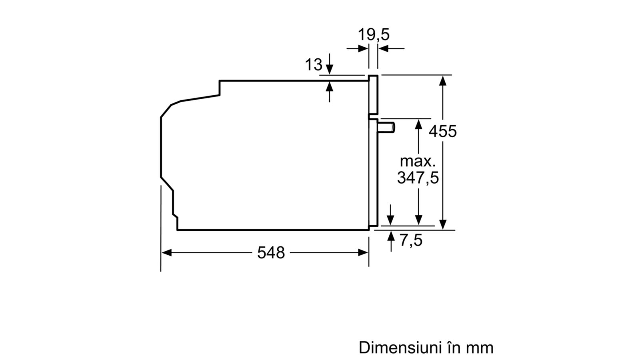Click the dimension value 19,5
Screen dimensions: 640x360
(374, 35)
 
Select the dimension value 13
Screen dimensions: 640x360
(314, 64)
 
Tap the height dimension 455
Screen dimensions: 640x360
(442, 132)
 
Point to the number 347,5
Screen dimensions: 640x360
(418, 178)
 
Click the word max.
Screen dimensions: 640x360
(418, 162)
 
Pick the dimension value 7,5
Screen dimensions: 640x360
(411, 240)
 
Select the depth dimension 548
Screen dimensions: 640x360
(271, 253)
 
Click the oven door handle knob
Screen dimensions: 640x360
(386, 127)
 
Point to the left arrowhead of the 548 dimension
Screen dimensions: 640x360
(166, 252)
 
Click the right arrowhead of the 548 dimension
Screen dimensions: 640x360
(363, 252)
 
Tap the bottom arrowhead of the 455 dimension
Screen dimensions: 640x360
(442, 224)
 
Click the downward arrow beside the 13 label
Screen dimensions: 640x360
(330, 64)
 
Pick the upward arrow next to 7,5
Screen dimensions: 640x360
(391, 242)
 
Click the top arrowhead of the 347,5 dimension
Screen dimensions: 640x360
(418, 124)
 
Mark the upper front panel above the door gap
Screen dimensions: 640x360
(373, 95)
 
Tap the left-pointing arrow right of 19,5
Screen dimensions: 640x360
(392, 48)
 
